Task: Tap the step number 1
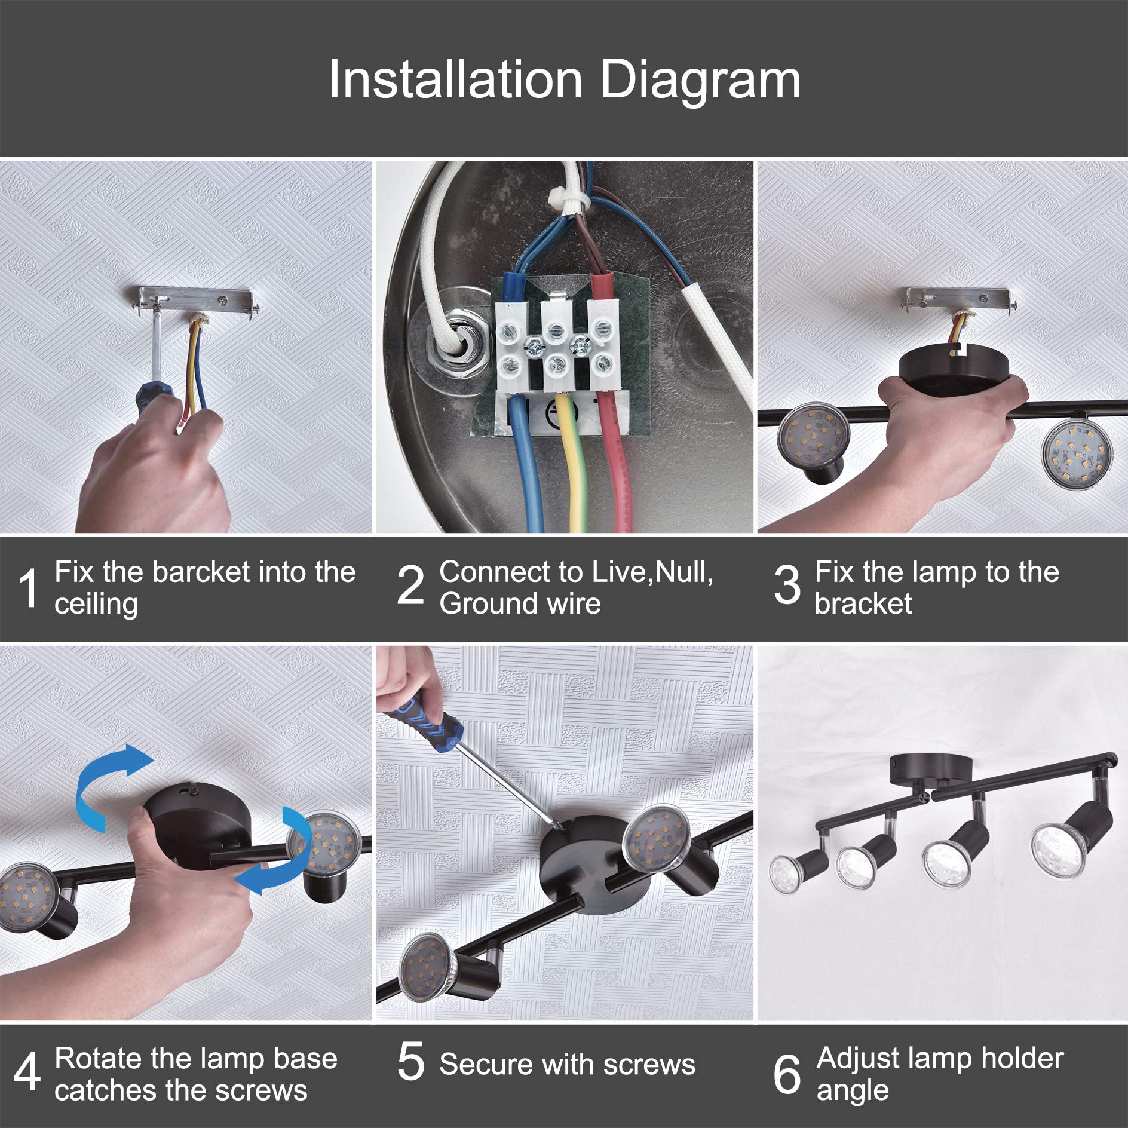(28, 588)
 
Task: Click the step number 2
(410, 586)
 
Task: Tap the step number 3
(787, 586)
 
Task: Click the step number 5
(410, 1062)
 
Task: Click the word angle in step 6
(852, 1090)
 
